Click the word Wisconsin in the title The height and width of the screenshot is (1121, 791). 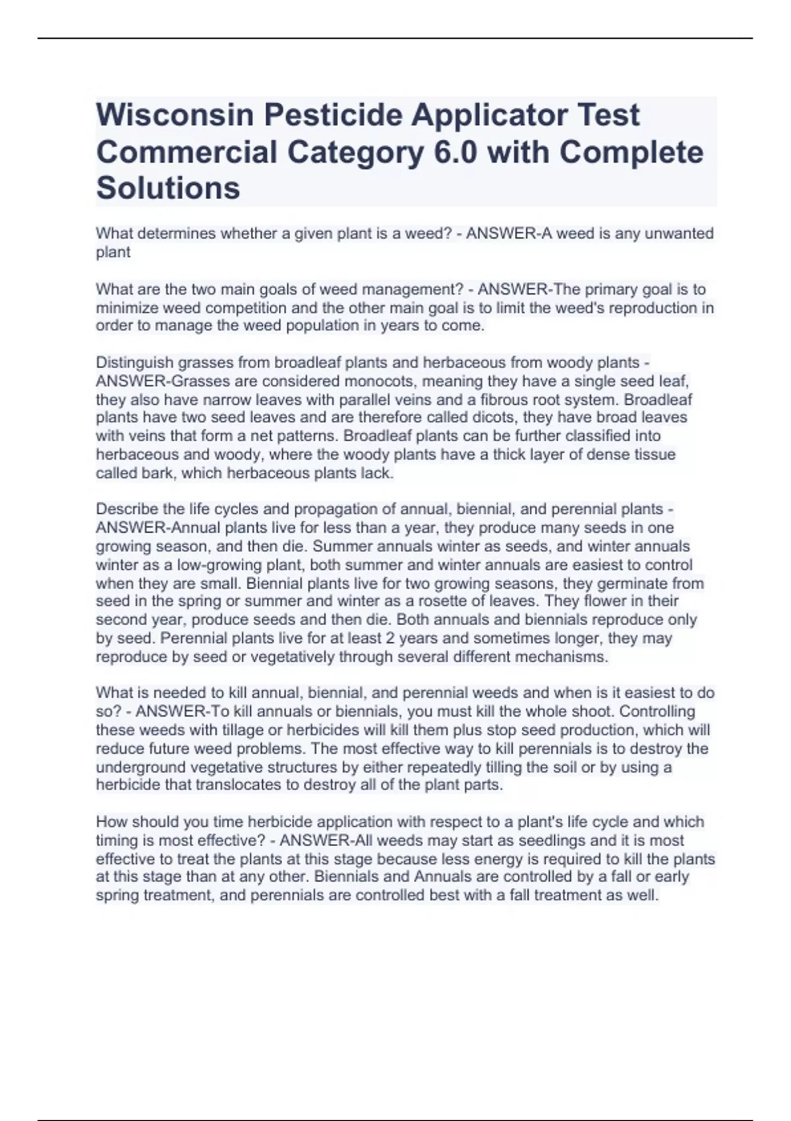coord(175,115)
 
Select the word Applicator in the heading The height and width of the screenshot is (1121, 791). coord(484,115)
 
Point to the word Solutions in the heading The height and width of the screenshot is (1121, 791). coord(168,188)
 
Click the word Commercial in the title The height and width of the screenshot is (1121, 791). coord(187,152)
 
